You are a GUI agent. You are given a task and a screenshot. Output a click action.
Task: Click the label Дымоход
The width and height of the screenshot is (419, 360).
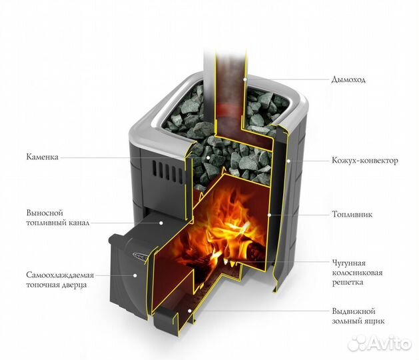point(348,80)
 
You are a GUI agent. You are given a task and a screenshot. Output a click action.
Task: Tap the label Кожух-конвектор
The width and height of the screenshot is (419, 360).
point(365,161)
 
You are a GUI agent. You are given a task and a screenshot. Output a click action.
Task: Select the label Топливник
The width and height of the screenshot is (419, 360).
point(352,214)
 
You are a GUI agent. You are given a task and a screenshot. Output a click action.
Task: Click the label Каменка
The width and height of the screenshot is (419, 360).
point(42,157)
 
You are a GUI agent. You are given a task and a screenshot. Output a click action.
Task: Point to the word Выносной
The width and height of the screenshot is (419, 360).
point(45,213)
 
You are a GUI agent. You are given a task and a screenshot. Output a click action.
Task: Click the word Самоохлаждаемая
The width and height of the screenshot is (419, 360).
point(60,275)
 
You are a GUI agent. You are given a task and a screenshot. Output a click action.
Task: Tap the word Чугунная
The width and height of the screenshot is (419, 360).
point(348,263)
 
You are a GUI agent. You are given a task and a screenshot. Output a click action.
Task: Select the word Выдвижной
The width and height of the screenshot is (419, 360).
point(354,311)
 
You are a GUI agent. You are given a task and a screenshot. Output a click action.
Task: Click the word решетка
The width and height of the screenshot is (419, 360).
point(348,283)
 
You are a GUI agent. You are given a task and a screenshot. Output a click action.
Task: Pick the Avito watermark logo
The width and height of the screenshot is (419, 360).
point(380,343)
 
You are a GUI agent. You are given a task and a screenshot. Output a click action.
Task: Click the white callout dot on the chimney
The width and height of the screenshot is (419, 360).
point(244,79)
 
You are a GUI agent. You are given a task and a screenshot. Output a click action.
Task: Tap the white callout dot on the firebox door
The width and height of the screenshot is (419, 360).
point(135,275)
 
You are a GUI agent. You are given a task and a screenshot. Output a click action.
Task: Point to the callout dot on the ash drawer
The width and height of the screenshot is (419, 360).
point(189,311)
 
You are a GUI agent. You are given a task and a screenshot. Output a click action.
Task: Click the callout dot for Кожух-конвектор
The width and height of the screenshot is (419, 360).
point(288,161)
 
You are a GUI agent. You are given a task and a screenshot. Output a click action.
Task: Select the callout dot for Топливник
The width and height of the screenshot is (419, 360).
point(269,215)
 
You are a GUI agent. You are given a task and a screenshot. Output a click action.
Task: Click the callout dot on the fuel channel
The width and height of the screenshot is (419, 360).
point(161,223)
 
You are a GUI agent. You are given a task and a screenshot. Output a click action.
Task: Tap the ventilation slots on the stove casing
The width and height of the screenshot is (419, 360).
point(167,171)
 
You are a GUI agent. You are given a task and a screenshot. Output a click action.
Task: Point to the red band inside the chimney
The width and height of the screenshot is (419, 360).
point(229,109)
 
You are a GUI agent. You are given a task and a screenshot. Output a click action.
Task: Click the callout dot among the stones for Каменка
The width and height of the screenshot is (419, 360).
point(208,157)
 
